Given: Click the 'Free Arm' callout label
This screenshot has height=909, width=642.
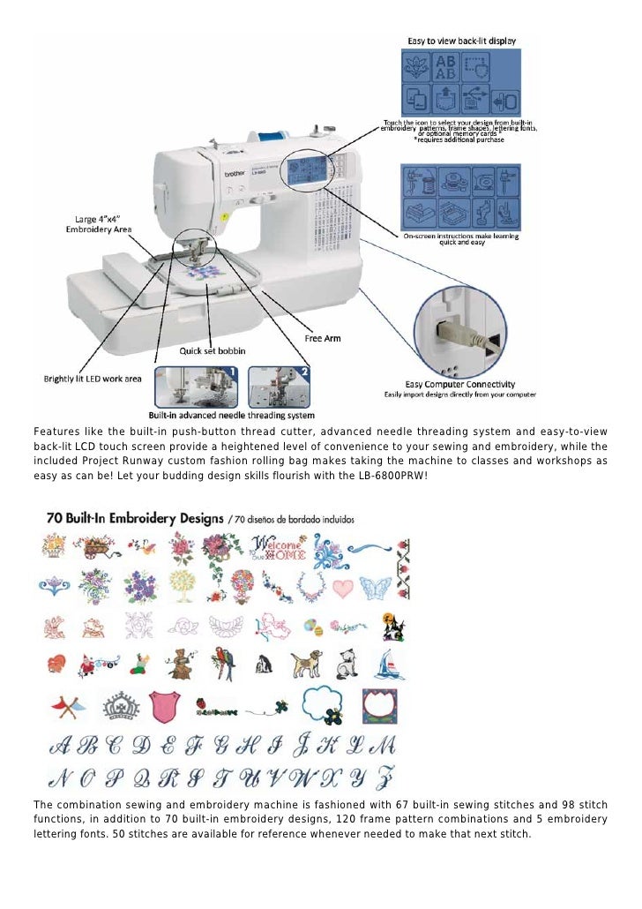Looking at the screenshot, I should [x=322, y=338].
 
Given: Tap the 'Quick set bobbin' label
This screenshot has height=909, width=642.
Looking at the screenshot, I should [x=213, y=349].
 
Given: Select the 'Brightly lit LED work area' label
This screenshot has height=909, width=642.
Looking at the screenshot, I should [x=93, y=379].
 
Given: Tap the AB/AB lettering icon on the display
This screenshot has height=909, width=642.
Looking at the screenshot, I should [x=447, y=67].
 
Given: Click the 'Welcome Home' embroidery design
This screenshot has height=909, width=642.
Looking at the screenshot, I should [x=279, y=549].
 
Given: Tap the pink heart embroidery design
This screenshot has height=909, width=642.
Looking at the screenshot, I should [x=342, y=586].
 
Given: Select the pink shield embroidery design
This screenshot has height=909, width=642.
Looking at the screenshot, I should [x=163, y=706].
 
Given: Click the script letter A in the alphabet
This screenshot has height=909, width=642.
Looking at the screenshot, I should [x=59, y=747].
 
